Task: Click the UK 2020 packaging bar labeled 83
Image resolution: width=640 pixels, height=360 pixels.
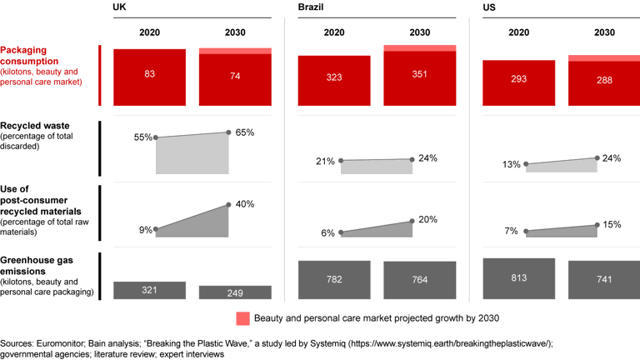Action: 149,74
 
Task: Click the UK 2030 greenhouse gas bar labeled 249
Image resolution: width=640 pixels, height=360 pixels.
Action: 235,292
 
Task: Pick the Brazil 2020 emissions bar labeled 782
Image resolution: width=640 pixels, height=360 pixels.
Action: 333,280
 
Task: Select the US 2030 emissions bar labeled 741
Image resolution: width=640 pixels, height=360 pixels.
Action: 604,280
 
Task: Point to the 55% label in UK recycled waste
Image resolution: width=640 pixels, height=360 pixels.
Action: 142,137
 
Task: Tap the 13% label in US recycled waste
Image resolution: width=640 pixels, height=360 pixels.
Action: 512,165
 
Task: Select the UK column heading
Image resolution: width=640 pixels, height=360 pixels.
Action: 120,7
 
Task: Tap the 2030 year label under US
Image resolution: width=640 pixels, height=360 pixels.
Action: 604,32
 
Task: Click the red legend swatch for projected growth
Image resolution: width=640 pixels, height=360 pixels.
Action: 242,317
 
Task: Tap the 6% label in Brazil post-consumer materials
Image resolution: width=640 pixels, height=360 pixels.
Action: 327,233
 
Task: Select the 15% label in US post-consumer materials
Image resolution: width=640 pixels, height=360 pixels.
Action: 612,224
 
